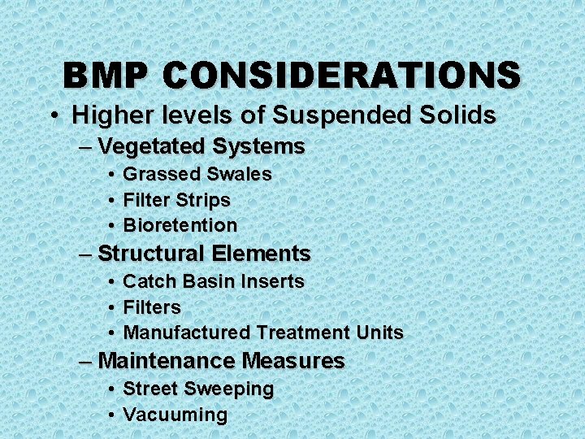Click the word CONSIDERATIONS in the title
click(341, 76)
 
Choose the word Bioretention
click(180, 225)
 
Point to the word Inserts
click(272, 282)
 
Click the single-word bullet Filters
click(151, 307)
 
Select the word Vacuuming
click(175, 415)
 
